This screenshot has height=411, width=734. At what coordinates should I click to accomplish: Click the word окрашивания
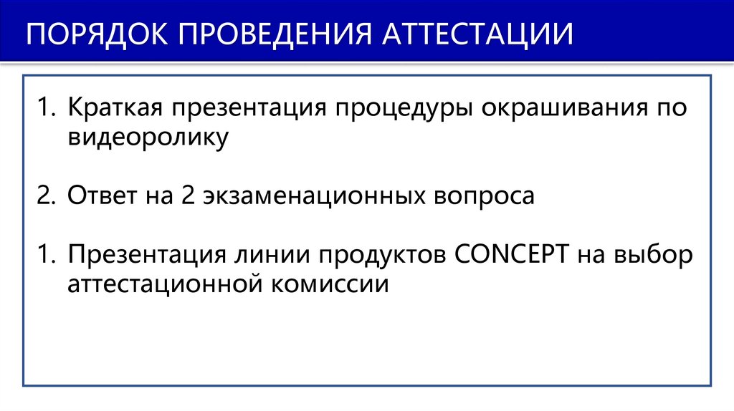[556, 109]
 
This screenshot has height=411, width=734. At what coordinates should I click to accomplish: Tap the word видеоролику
[148, 138]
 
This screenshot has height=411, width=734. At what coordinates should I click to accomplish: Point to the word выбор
[655, 254]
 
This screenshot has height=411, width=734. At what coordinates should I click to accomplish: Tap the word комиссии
[330, 284]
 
